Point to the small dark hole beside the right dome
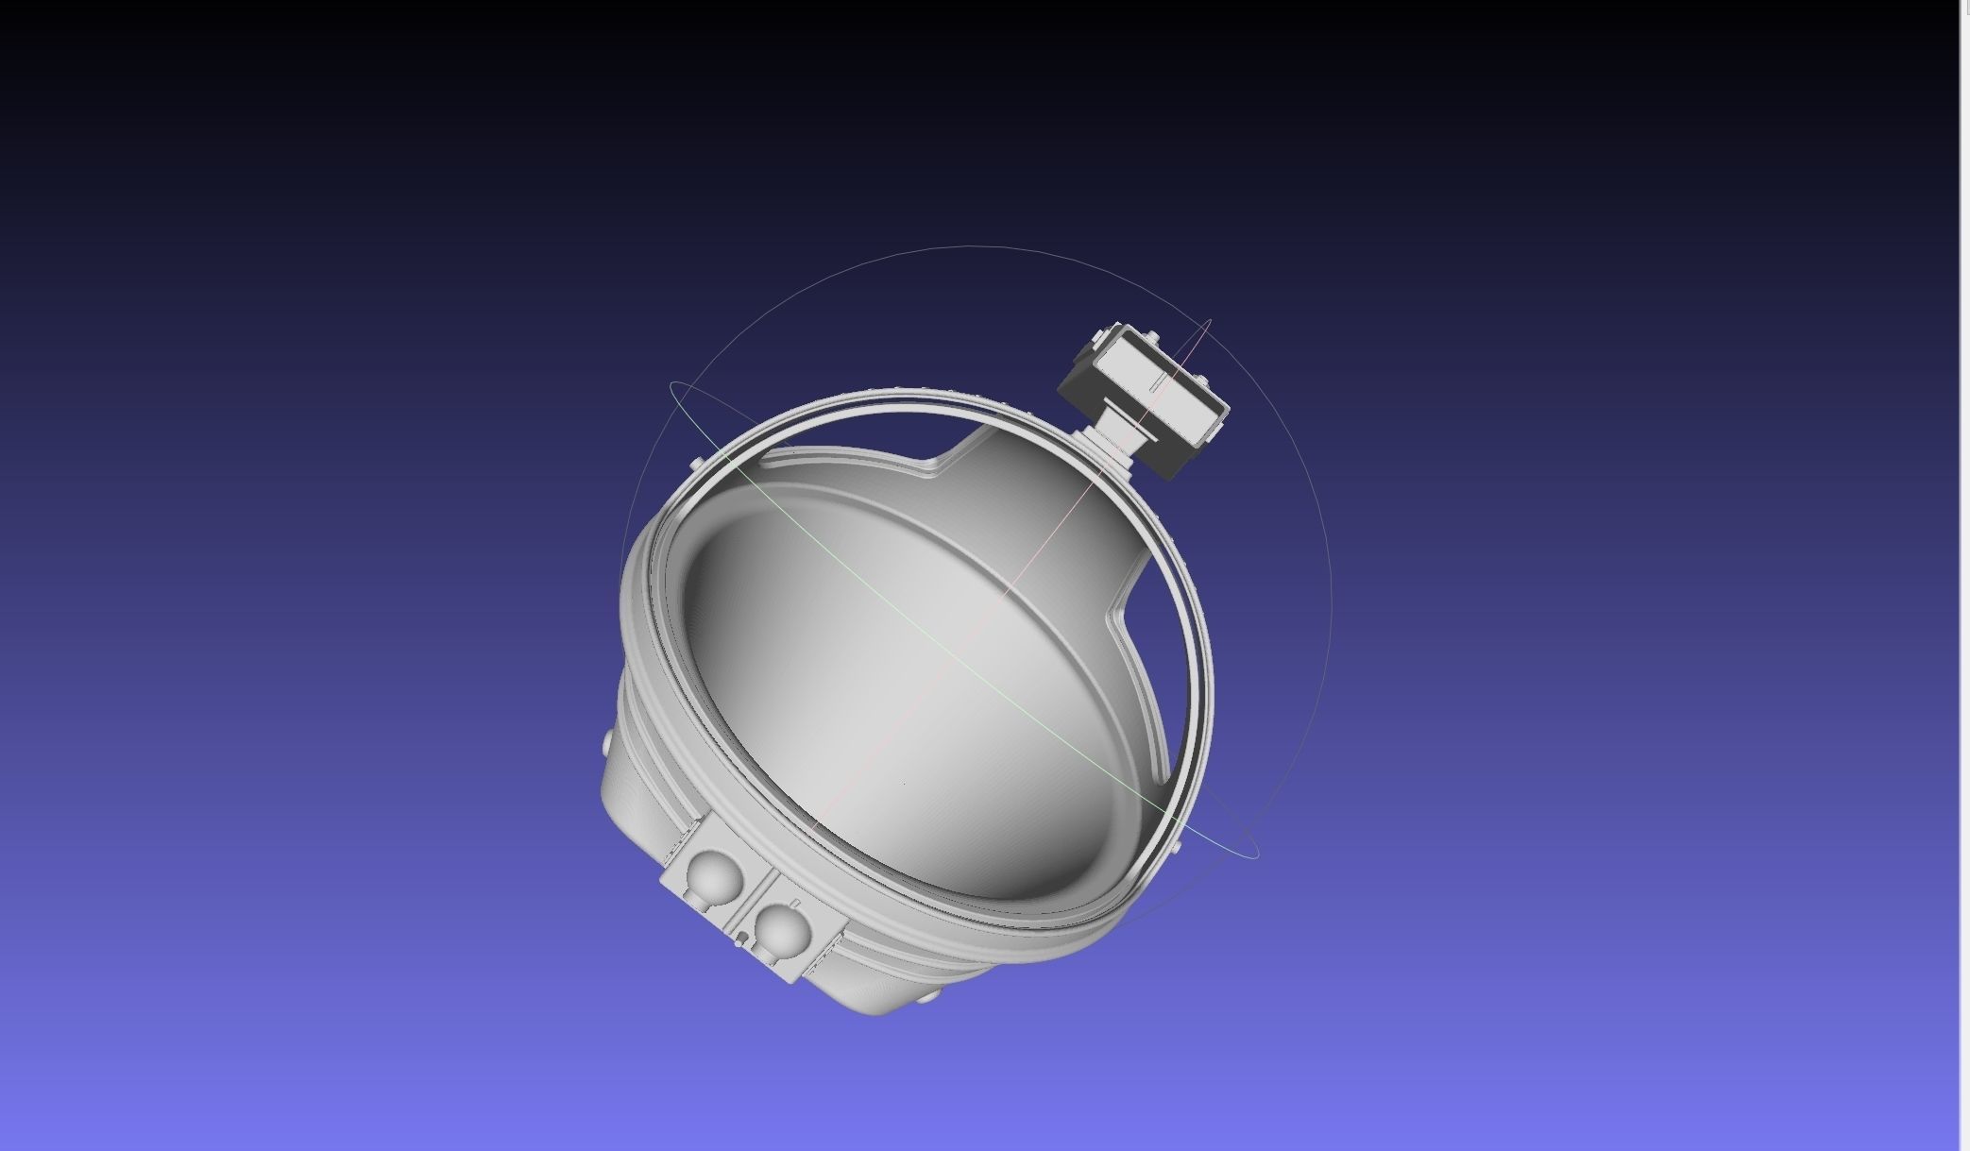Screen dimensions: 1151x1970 pos(743,937)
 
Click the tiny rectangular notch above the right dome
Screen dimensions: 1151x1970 pos(794,903)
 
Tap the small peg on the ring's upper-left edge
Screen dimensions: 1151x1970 pos(696,464)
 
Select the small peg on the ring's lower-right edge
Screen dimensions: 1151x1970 pos(1177,849)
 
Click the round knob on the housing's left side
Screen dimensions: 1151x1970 pos(606,746)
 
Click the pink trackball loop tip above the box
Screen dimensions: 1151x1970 pos(1210,323)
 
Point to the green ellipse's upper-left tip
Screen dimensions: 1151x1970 pos(672,385)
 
